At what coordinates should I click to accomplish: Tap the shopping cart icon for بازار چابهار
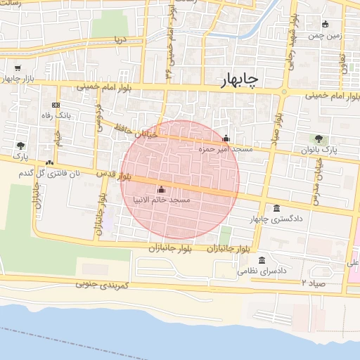18,68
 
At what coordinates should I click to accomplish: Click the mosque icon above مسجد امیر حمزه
226,139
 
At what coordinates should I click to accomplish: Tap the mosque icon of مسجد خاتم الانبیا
162,189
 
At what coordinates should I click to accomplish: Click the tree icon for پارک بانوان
320,139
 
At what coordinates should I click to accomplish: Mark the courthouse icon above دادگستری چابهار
275,208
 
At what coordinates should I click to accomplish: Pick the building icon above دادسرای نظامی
262,259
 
